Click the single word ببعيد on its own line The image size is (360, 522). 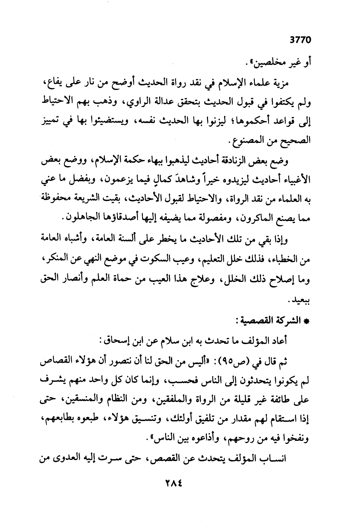pos(302,300)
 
